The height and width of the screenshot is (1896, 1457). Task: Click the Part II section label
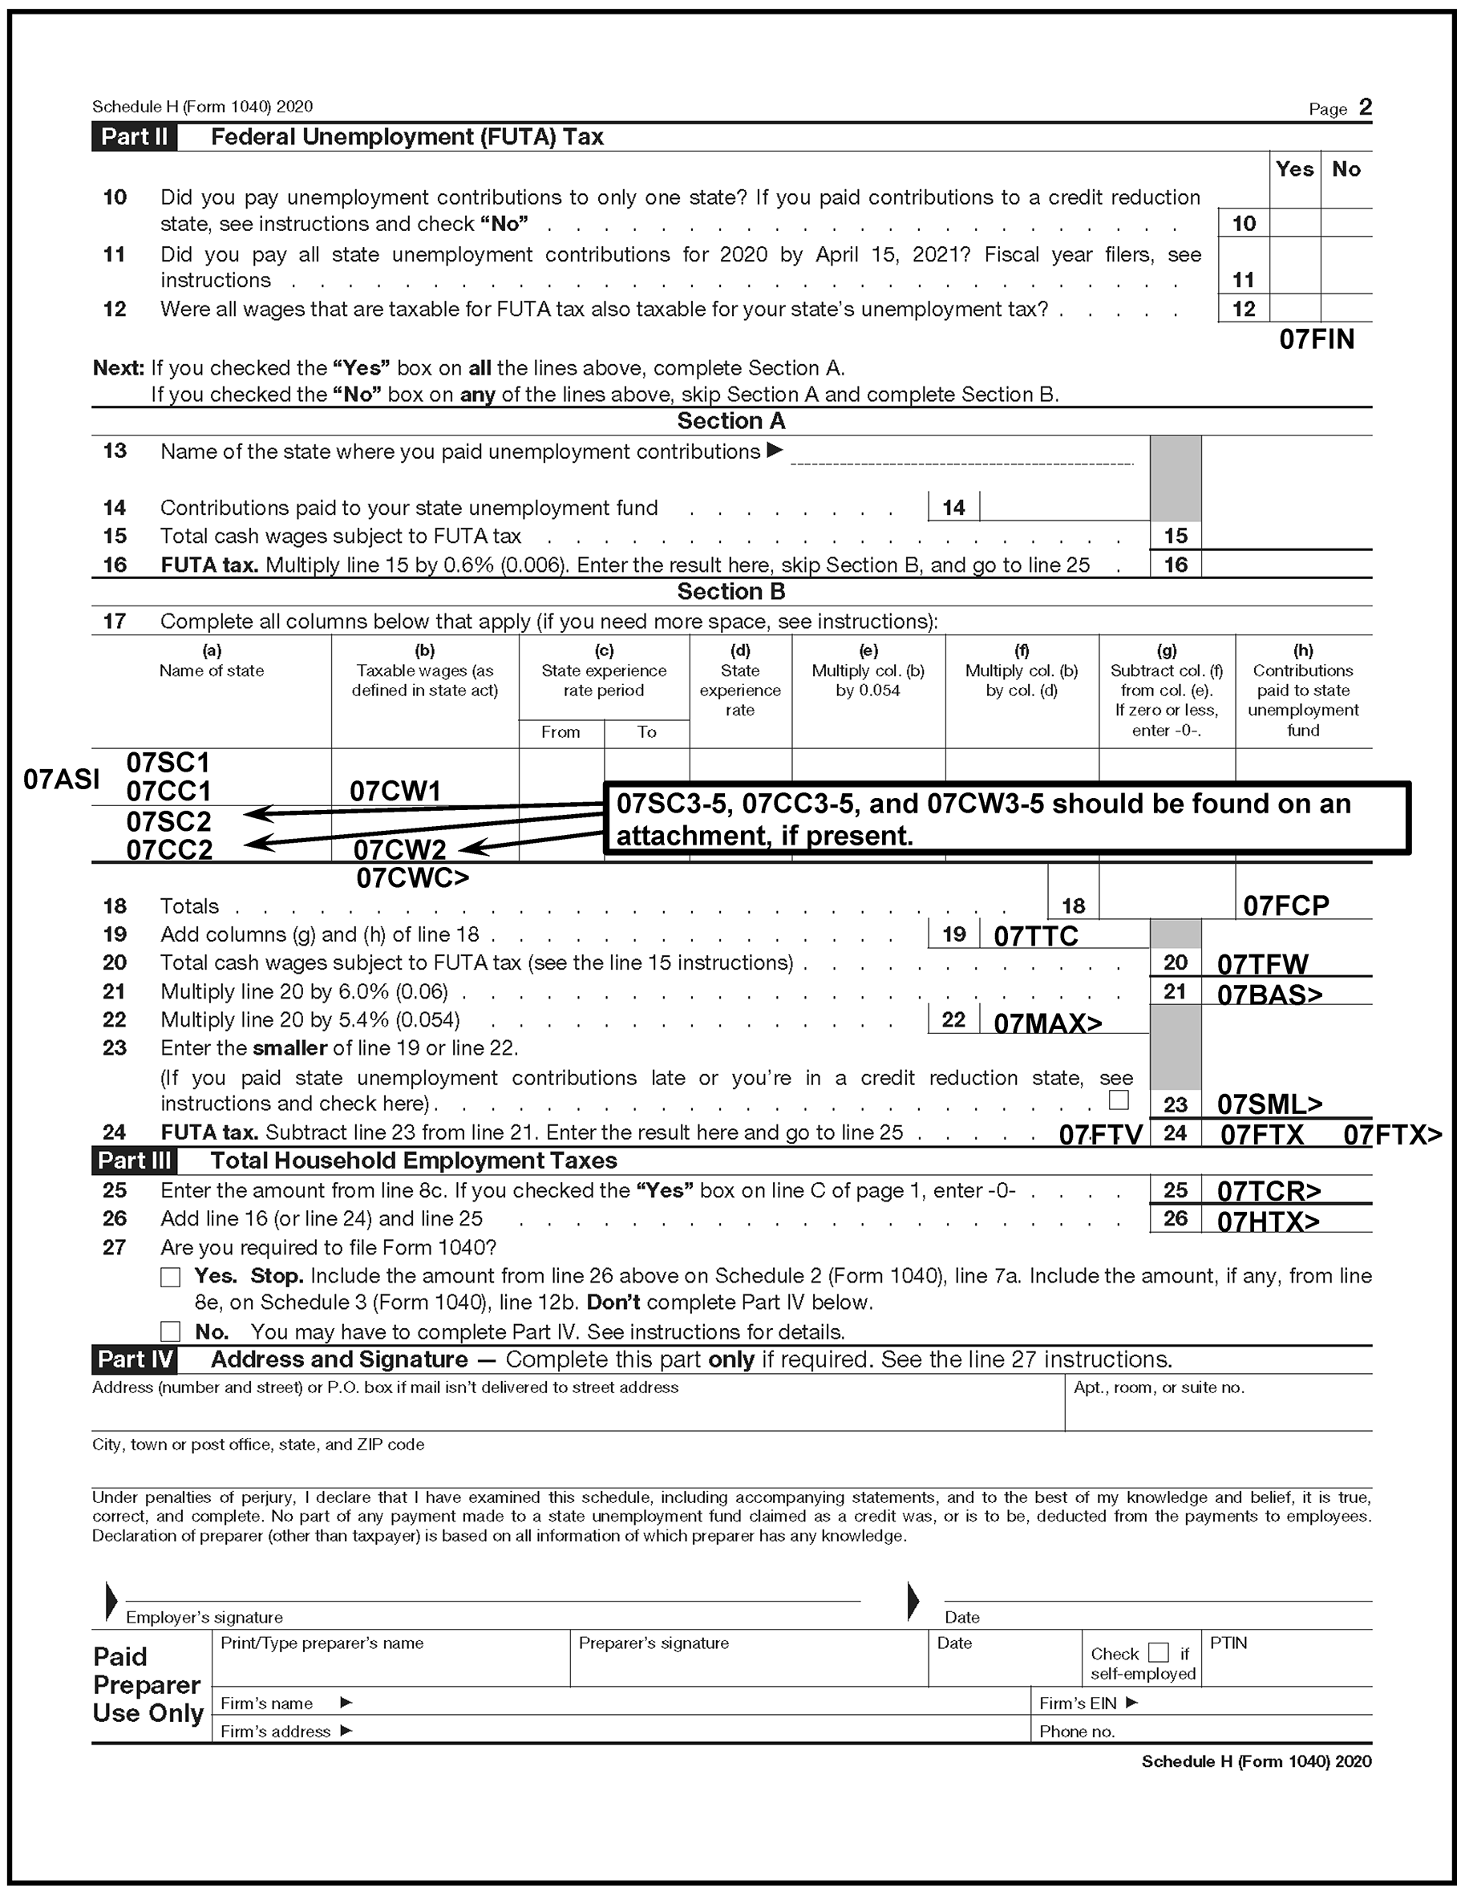[x=135, y=137]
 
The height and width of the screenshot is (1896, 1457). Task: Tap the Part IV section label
[x=135, y=1359]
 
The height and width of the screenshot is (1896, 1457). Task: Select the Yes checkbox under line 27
[x=171, y=1277]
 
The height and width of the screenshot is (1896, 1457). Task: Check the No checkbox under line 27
[x=171, y=1331]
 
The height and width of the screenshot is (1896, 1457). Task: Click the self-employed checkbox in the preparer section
[x=1158, y=1652]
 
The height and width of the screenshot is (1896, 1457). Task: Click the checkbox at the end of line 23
[x=1119, y=1100]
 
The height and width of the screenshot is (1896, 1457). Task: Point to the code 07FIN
[x=1316, y=339]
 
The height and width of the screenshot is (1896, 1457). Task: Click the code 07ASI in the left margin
[x=61, y=779]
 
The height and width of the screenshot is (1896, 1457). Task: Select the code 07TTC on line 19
[x=1035, y=936]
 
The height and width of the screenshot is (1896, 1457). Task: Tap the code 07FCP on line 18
[x=1285, y=905]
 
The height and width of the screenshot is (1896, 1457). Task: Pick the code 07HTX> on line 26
[x=1267, y=1221]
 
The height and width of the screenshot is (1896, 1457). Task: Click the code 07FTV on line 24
[x=1099, y=1135]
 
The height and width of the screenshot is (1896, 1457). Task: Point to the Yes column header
[x=1294, y=169]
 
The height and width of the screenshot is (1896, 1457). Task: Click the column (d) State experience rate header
[x=740, y=680]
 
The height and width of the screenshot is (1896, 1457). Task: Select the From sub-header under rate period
[x=561, y=732]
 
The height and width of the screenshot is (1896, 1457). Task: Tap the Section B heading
[x=731, y=592]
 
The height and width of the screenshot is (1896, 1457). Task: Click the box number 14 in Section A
[x=953, y=508]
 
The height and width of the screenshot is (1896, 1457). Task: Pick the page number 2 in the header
[x=1365, y=107]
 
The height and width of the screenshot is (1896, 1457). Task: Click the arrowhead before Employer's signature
[x=111, y=1600]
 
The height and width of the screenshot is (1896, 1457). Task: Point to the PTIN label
[x=1228, y=1643]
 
